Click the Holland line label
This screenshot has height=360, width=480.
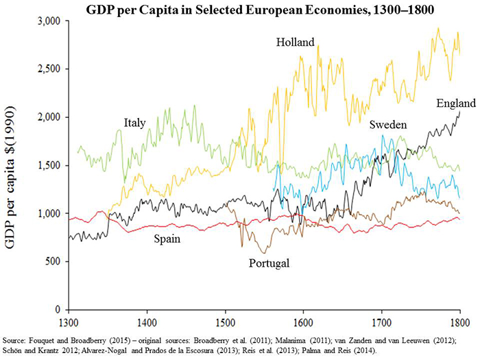pos(296,43)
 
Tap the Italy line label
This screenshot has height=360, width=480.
pos(134,123)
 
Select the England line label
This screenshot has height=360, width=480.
pos(455,104)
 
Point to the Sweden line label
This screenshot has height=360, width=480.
pos(388,125)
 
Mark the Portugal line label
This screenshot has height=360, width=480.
pos(269,263)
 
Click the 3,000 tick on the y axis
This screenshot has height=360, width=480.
pos(49,21)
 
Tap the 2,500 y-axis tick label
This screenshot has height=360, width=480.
pos(49,69)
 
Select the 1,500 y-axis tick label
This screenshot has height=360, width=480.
pos(49,165)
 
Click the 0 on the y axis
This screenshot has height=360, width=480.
pos(58,309)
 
